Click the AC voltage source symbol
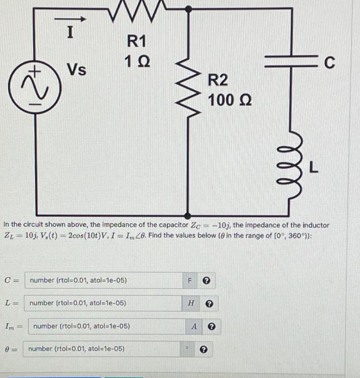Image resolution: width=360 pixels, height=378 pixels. [35, 89]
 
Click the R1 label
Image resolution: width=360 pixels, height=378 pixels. [136, 41]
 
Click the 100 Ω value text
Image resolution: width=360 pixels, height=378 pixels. [230, 100]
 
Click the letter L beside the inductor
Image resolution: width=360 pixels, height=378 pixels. [313, 168]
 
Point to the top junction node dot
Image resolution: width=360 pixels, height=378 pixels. [188, 8]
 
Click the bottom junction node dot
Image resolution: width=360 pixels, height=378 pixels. [188, 216]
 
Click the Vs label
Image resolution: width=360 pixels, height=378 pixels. [77, 69]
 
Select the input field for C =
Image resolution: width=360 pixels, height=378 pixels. [103, 280]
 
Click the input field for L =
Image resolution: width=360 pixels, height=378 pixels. [103, 303]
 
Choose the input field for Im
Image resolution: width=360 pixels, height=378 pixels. [107, 326]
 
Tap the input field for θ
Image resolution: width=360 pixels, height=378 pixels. [102, 349]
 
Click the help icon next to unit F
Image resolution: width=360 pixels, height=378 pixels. [207, 281]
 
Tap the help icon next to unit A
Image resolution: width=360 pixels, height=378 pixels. [211, 327]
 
